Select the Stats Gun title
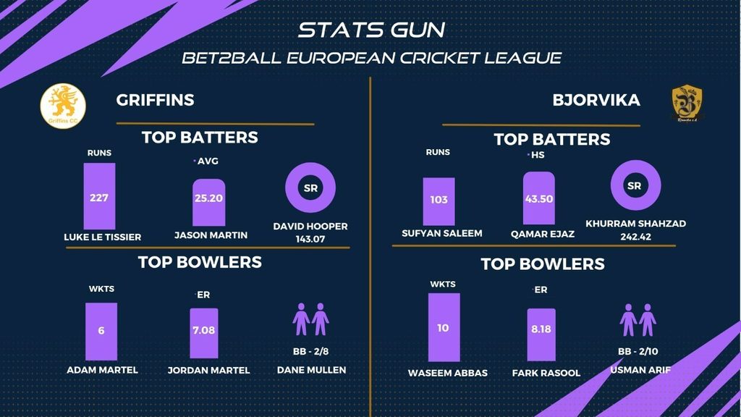tap(371, 30)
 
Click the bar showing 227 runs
tap(99, 196)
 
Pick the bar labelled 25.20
tap(208, 201)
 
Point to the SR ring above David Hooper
tap(311, 188)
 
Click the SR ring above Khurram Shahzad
tap(635, 185)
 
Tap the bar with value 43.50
tap(538, 199)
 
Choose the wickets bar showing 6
tap(101, 330)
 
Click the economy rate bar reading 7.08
tap(204, 333)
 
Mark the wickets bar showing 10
tap(443, 327)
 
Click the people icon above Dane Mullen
tap(311, 320)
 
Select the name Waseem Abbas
tap(447, 373)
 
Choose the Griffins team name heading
tap(155, 100)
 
